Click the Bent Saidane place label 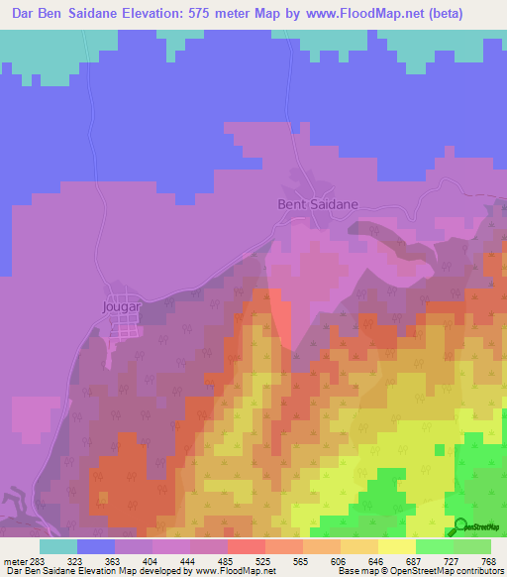coord(316,204)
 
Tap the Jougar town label coord(124,306)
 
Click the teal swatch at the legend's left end coord(58,546)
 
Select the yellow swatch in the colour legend coord(396,546)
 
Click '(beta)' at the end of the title coord(420,13)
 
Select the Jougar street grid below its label coord(126,327)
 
